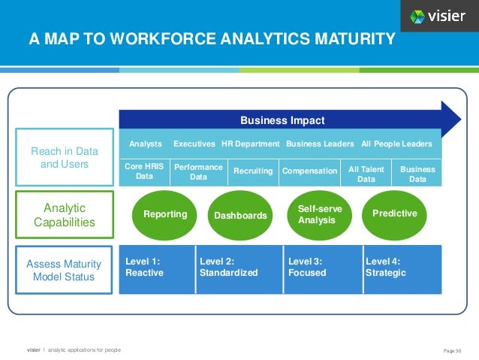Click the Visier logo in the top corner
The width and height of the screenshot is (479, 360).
click(438, 17)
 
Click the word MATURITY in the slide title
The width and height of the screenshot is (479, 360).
click(350, 39)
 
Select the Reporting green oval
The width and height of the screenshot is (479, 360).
click(165, 214)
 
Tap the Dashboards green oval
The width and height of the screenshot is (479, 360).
click(240, 215)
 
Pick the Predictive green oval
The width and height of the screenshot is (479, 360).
click(394, 214)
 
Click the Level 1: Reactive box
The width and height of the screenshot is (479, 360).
click(157, 268)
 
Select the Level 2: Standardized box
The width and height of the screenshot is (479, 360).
click(239, 268)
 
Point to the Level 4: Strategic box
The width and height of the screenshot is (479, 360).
click(402, 268)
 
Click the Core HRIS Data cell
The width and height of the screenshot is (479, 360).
click(144, 171)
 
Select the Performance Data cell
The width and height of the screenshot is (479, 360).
click(198, 171)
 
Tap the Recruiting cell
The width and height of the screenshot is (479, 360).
click(253, 171)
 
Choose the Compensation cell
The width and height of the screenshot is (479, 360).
click(309, 171)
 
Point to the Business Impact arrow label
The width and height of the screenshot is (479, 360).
click(282, 120)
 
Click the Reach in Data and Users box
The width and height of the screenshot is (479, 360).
click(65, 158)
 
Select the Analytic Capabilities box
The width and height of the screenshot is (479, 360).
click(65, 214)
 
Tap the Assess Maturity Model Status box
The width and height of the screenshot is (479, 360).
click(65, 270)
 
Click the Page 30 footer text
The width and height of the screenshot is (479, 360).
click(453, 349)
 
